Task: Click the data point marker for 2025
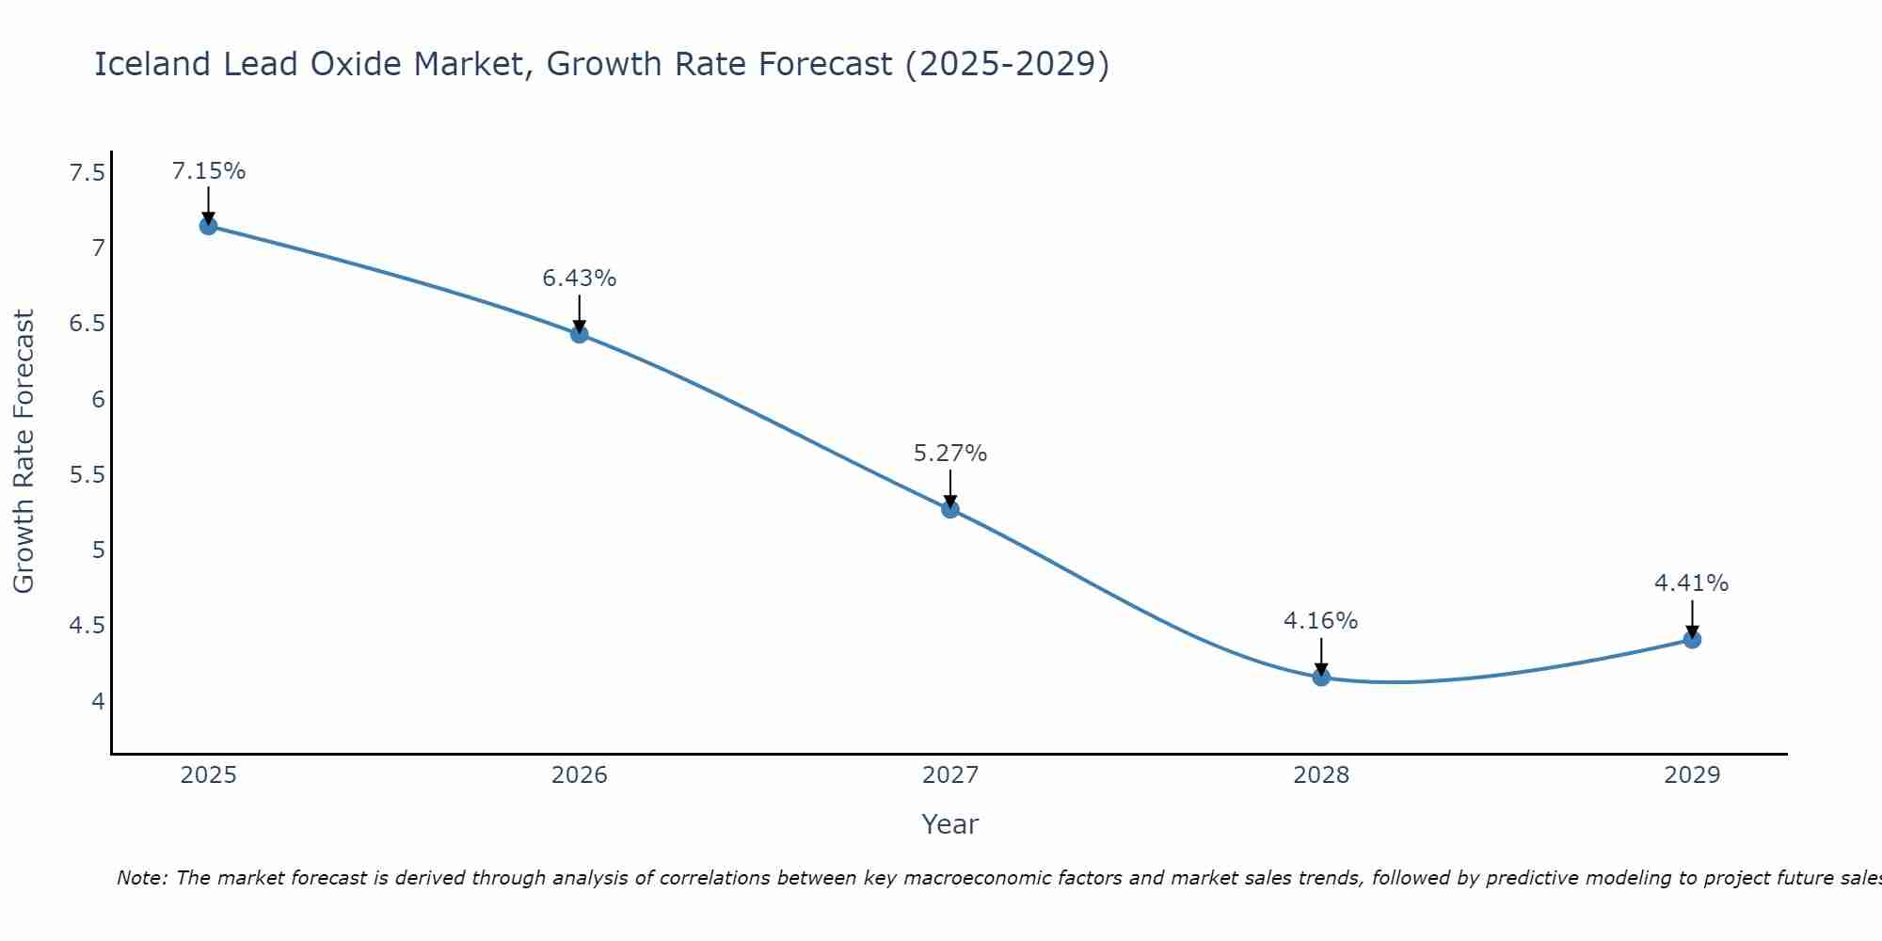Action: point(209,226)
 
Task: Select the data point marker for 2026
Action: point(580,334)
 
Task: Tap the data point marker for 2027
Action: point(950,509)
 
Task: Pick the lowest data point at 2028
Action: point(1321,677)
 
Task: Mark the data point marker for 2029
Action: point(1692,640)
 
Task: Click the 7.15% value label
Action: point(209,171)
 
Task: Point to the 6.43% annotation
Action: point(580,279)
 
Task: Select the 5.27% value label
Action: point(950,454)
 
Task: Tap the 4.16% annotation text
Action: point(1321,621)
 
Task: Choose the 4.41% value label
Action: point(1692,583)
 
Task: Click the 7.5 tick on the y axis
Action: point(88,173)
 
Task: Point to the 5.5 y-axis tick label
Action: point(88,475)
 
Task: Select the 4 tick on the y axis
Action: point(98,701)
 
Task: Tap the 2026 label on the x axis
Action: point(580,775)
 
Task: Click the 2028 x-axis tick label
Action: point(1321,775)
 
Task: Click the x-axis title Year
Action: point(950,824)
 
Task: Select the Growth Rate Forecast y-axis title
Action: point(24,452)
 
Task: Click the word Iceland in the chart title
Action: point(152,64)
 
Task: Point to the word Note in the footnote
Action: point(141,878)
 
